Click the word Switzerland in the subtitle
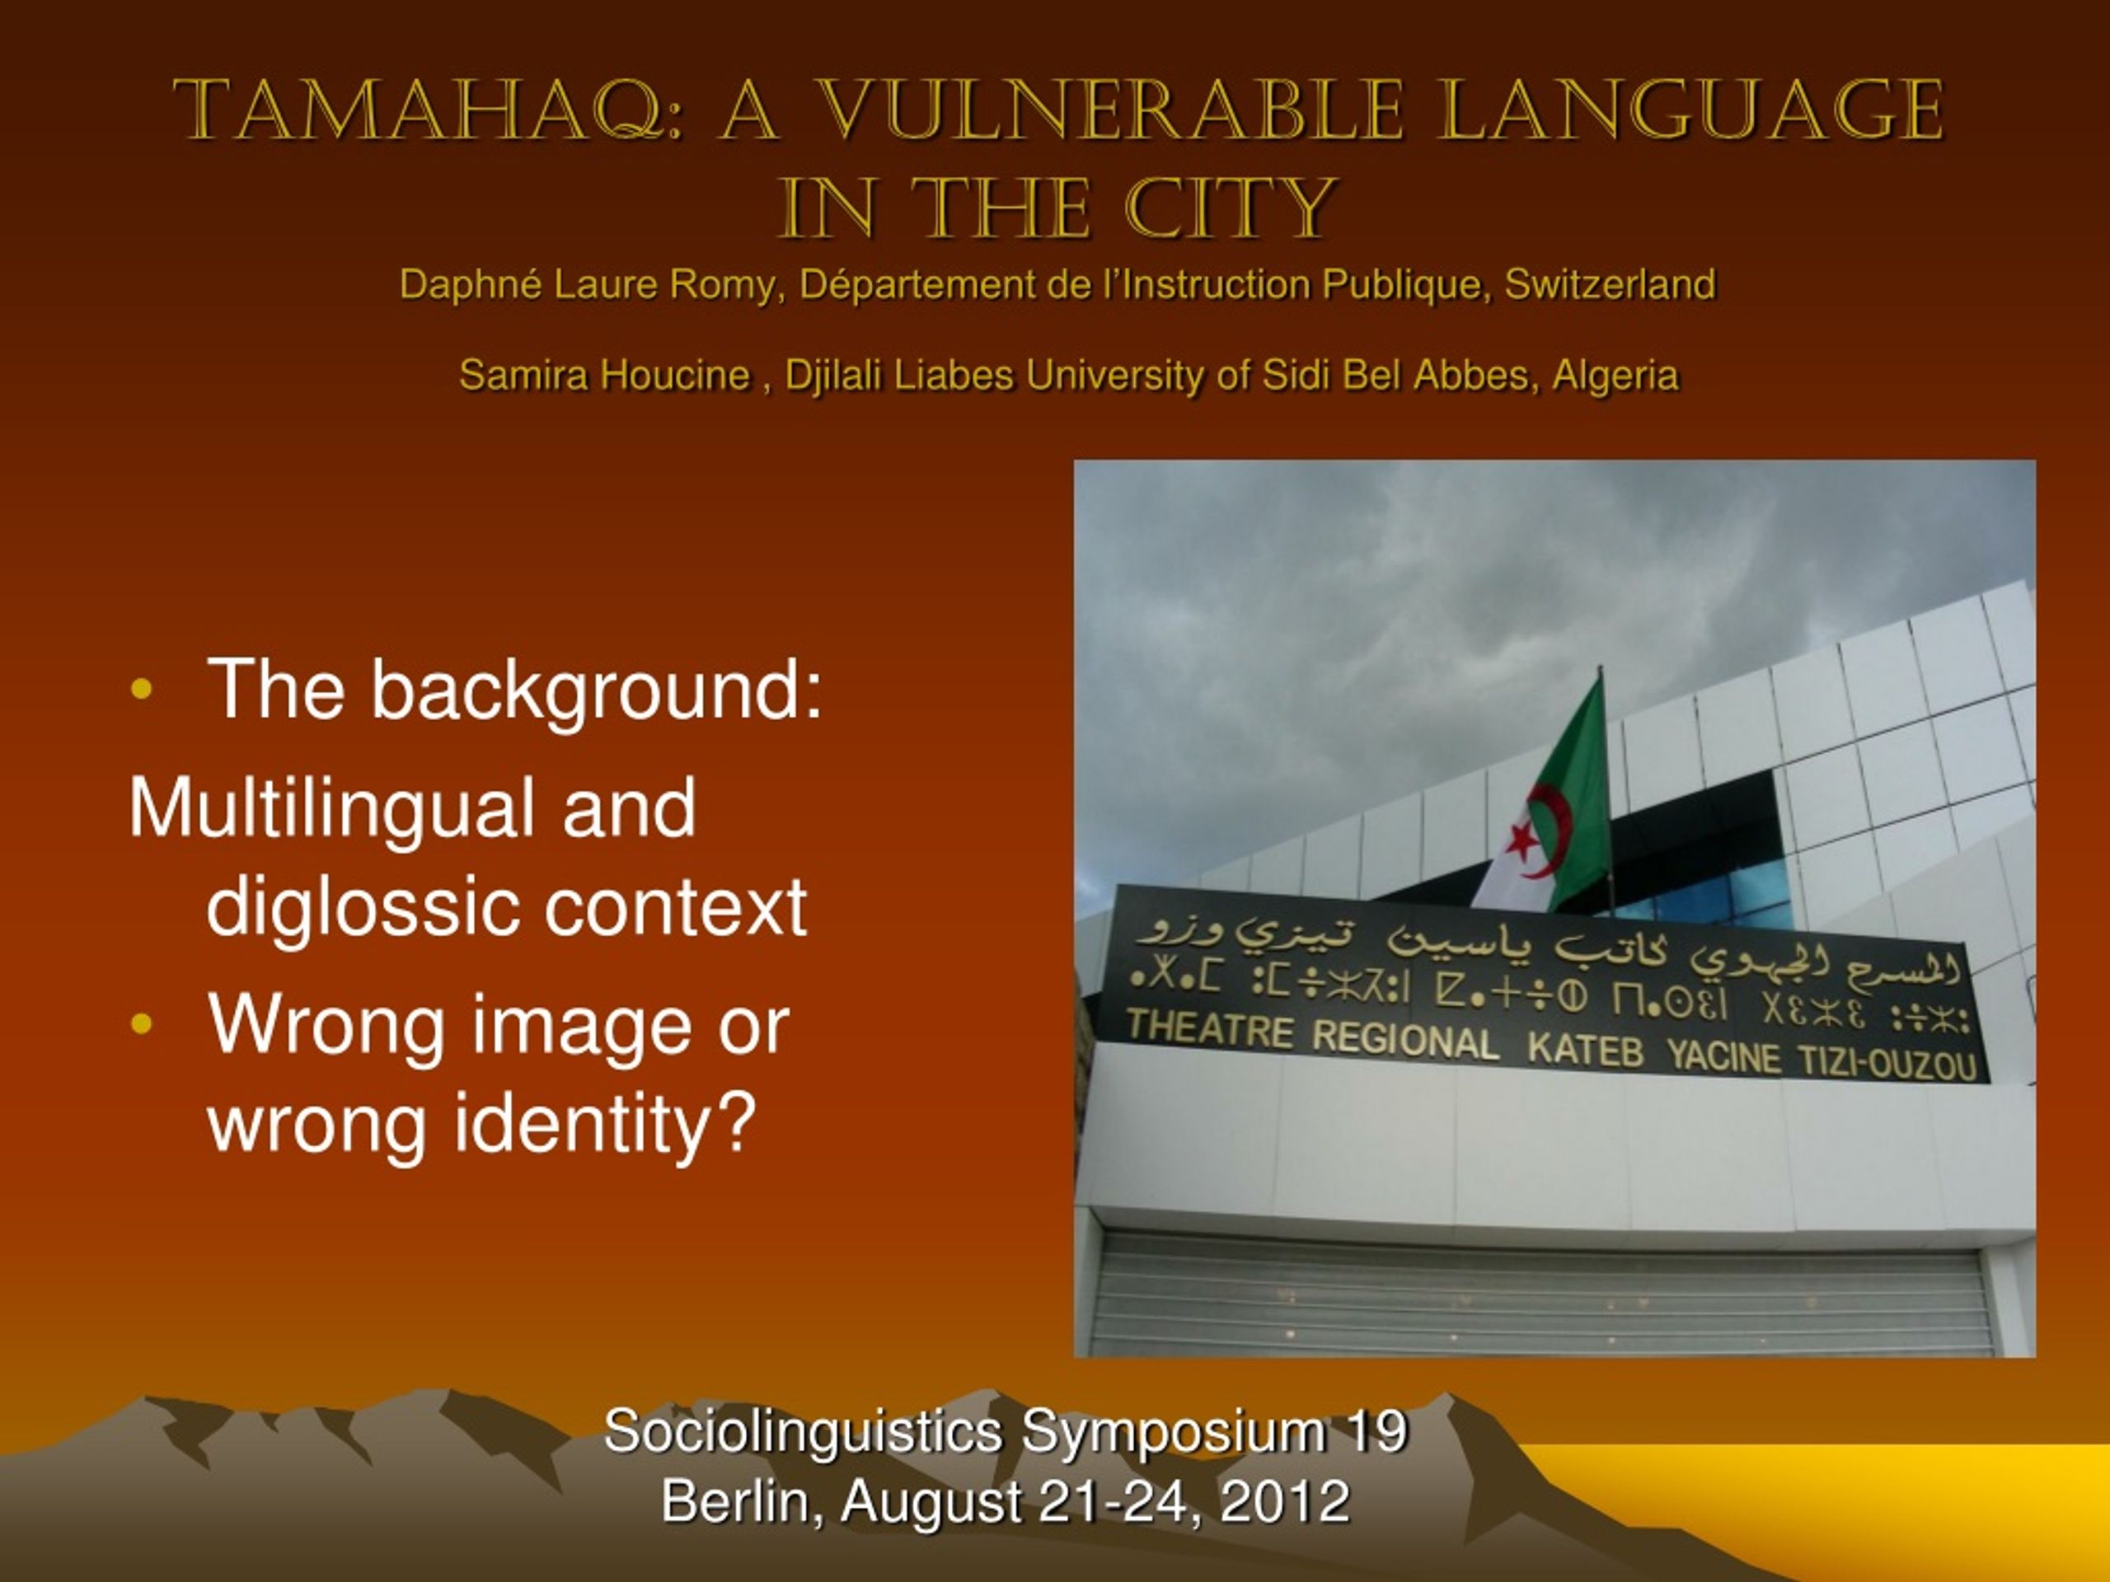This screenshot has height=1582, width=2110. [x=1611, y=284]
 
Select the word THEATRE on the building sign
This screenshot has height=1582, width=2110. [x=1209, y=1029]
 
